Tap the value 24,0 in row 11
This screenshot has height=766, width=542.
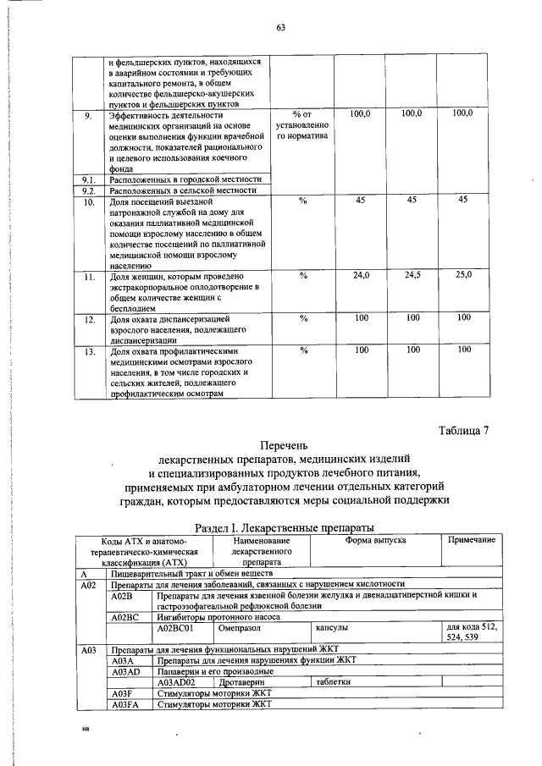point(361,275)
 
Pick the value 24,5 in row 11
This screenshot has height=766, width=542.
point(412,275)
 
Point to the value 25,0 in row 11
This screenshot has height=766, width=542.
point(463,275)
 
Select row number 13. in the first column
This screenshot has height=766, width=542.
point(88,350)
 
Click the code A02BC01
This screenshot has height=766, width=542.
point(177,628)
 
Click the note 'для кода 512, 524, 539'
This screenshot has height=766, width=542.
point(470,633)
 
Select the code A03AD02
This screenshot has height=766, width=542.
point(177,681)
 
